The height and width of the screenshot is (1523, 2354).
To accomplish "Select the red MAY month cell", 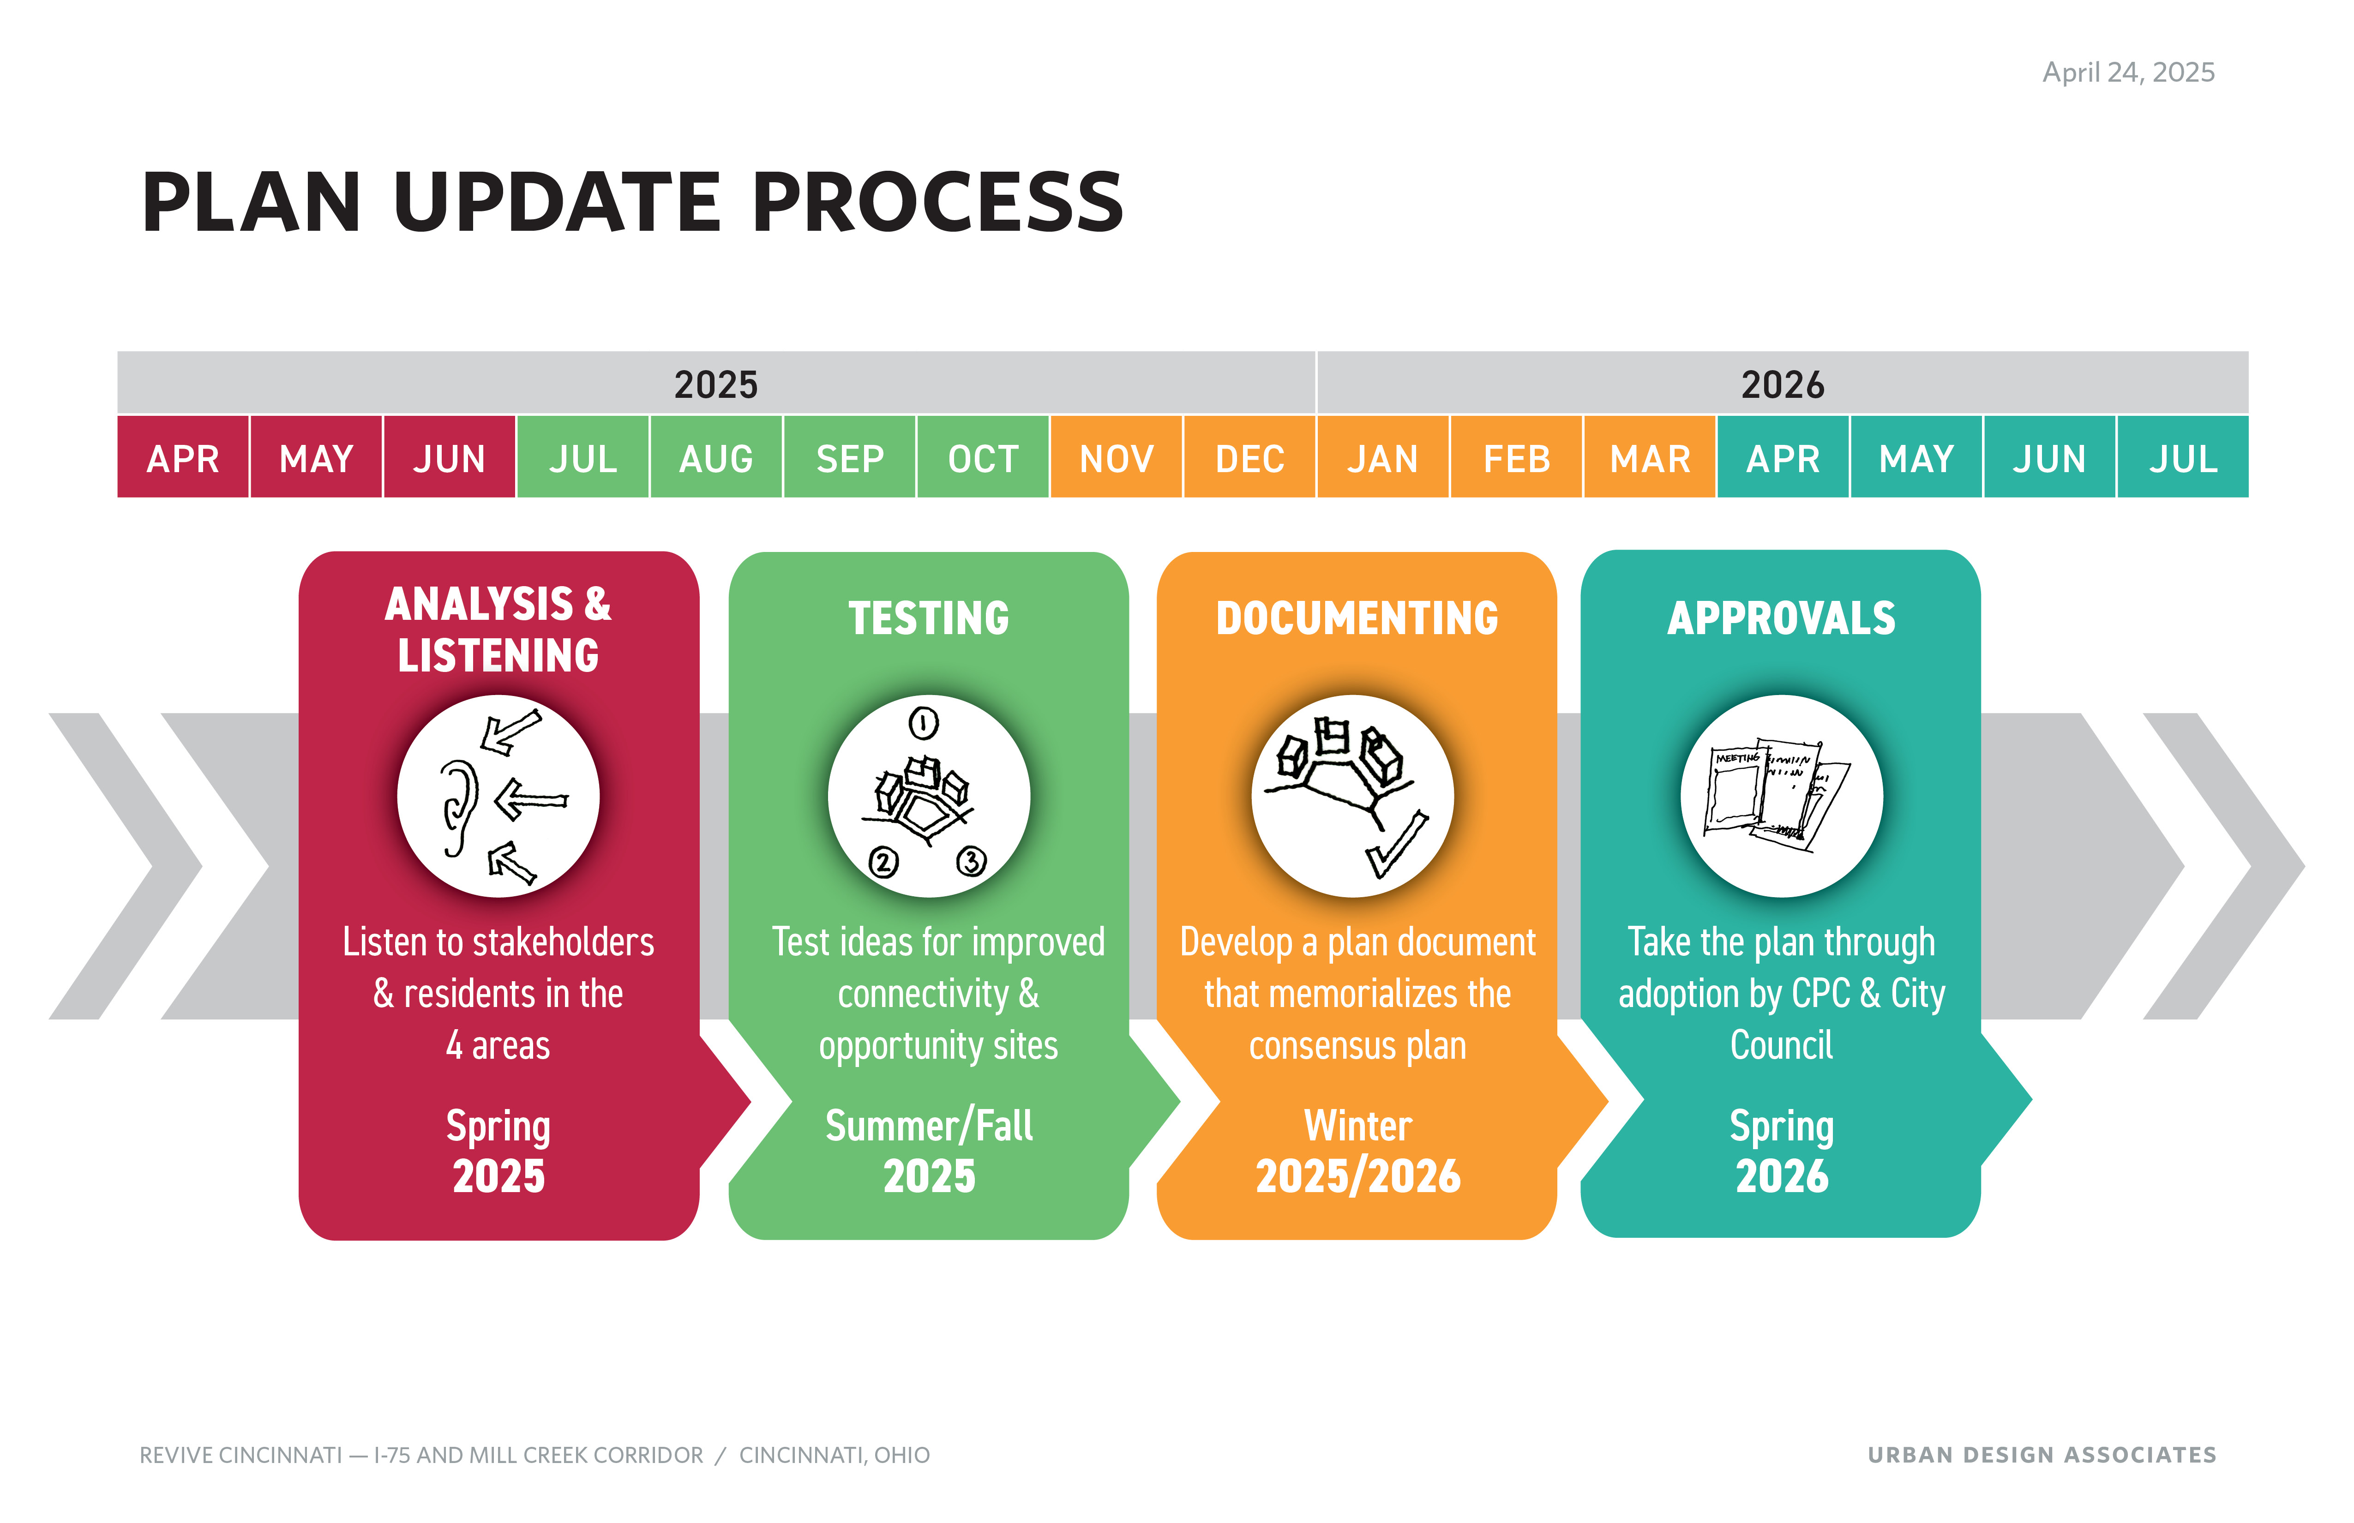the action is tap(317, 457).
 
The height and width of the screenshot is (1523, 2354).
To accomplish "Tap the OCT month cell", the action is tap(983, 457).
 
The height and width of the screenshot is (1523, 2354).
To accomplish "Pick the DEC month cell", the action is tap(1250, 457).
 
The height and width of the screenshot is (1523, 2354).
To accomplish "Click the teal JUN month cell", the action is tap(2049, 457).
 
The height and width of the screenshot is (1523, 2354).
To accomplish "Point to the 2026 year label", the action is tap(1782, 385).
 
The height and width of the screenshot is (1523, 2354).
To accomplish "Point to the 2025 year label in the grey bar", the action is tap(716, 385).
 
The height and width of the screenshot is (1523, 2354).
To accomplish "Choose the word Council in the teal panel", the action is tap(1781, 1045).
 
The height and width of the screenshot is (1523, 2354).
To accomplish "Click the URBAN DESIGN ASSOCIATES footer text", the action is tap(2042, 1455).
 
